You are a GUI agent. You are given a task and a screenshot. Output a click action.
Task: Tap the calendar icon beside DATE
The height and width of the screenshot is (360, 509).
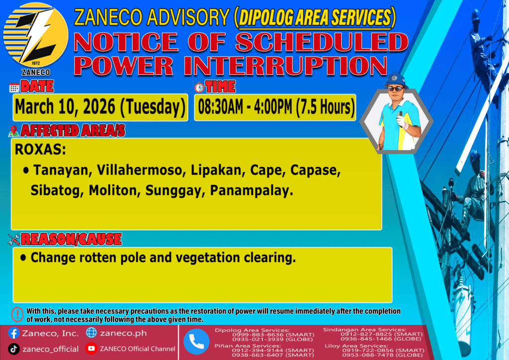coord(14,88)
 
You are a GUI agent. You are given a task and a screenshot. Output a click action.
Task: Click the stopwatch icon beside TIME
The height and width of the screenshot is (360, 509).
coord(199,88)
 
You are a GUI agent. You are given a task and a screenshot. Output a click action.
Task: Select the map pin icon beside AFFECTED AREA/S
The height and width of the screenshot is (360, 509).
coord(13,131)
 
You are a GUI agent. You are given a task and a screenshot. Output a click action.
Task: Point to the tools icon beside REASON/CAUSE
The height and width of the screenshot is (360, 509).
coord(13,240)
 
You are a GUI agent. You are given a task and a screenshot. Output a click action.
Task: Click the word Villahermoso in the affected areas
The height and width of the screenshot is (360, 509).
coord(140,170)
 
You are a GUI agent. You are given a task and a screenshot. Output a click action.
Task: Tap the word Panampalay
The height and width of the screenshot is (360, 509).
coord(252,190)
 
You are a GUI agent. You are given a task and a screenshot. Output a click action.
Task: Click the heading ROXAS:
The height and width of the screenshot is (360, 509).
coord(40,150)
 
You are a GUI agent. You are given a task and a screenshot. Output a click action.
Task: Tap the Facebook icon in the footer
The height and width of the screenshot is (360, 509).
coord(13,333)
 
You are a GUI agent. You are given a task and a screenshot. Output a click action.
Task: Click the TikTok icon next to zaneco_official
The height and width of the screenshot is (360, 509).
coord(13,349)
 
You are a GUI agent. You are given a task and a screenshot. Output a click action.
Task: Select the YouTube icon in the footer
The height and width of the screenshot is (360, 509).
coord(91,348)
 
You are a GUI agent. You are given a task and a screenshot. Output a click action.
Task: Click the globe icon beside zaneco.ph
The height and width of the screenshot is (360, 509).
coord(91,333)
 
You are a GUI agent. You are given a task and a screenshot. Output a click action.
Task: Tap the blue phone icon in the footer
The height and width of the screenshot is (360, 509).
coord(196,342)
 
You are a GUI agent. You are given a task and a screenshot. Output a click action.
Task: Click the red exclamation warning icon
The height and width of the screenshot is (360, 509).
coord(17,314)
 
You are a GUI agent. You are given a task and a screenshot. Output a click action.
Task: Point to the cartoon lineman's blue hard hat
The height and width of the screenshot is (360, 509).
coord(396,80)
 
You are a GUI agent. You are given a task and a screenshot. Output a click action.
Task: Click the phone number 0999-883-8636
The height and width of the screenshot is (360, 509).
coord(258,335)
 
